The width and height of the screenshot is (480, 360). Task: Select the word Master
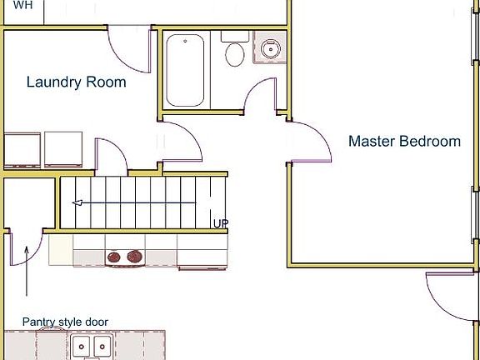[372, 142]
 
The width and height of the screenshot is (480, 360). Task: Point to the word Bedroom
[429, 142]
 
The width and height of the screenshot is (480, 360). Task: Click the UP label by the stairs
[220, 223]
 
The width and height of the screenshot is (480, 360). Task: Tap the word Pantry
[40, 322]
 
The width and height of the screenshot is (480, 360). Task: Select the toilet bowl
[234, 56]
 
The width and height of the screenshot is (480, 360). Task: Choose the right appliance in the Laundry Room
[63, 149]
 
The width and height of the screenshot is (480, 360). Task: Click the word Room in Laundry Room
[106, 82]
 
